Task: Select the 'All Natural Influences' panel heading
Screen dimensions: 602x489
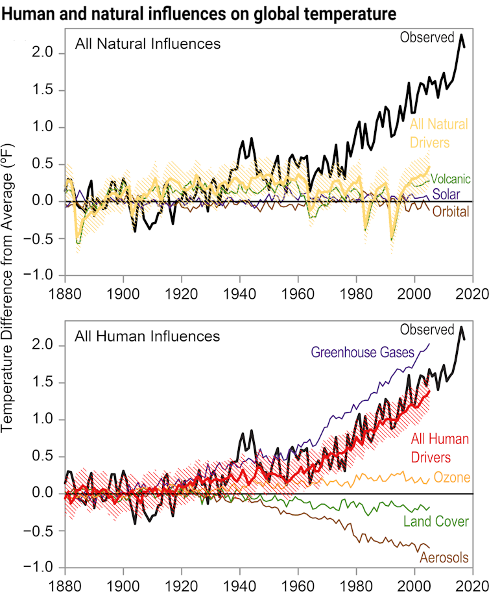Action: (x=148, y=44)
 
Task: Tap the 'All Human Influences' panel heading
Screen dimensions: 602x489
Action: (x=147, y=336)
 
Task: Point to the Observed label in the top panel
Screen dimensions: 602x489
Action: (x=427, y=38)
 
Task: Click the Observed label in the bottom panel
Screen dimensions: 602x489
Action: (x=427, y=330)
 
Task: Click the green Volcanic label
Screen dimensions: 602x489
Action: (x=449, y=179)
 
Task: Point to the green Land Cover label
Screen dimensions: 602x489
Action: (x=436, y=521)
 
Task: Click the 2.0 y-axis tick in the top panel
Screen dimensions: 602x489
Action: (x=47, y=53)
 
